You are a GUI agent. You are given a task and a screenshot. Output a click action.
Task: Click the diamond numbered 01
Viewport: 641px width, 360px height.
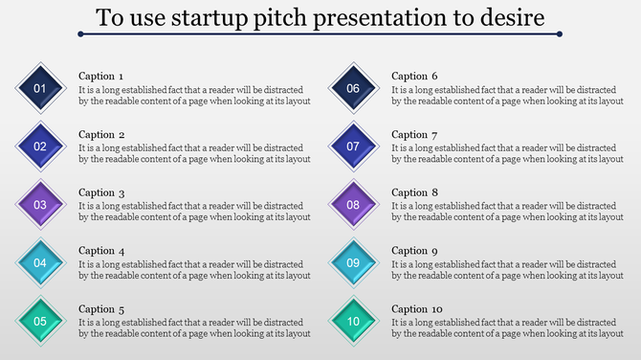[40, 89]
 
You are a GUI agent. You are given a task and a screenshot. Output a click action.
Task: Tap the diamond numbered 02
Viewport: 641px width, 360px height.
[40, 146]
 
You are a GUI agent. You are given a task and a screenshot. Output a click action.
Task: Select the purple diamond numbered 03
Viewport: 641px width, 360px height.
[40, 204]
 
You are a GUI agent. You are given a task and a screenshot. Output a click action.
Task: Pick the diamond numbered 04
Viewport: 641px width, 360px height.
[40, 262]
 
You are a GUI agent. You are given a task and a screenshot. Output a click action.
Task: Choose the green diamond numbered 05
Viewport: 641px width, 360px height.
[40, 321]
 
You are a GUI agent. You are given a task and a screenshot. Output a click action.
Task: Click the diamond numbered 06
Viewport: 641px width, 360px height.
[353, 89]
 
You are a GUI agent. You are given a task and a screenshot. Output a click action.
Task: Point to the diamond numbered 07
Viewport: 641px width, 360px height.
[353, 146]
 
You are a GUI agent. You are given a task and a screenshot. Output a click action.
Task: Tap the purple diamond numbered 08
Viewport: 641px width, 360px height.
[353, 204]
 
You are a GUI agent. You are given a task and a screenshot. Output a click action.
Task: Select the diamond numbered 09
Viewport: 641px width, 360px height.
[353, 262]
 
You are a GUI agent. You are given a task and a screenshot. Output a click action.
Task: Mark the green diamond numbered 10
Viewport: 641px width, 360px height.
[353, 321]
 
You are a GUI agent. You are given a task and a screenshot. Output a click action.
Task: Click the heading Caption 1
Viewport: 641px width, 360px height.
[100, 76]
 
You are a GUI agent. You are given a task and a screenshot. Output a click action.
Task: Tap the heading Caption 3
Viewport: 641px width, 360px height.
[100, 192]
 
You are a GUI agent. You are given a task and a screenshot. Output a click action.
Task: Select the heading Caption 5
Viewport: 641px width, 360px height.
[100, 309]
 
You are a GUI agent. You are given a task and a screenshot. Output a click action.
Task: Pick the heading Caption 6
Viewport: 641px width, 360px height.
[414, 76]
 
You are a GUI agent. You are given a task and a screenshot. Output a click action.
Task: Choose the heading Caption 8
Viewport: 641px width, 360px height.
[414, 192]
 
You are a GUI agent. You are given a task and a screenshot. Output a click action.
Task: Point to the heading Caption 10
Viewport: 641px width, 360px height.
[417, 309]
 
